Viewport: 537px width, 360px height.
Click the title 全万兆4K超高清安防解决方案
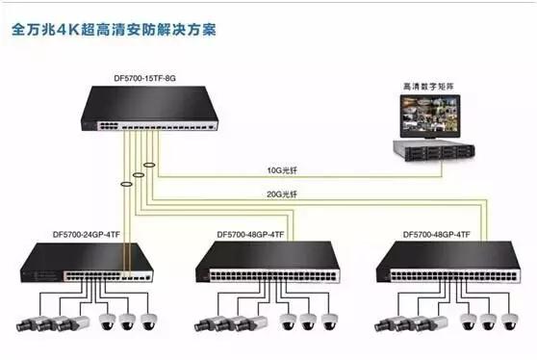coord(114,28)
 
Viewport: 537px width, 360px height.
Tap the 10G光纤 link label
coord(282,172)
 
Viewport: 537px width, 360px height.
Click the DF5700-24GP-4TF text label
coord(89,234)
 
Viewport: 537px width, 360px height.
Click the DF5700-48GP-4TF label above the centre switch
coord(250,234)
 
